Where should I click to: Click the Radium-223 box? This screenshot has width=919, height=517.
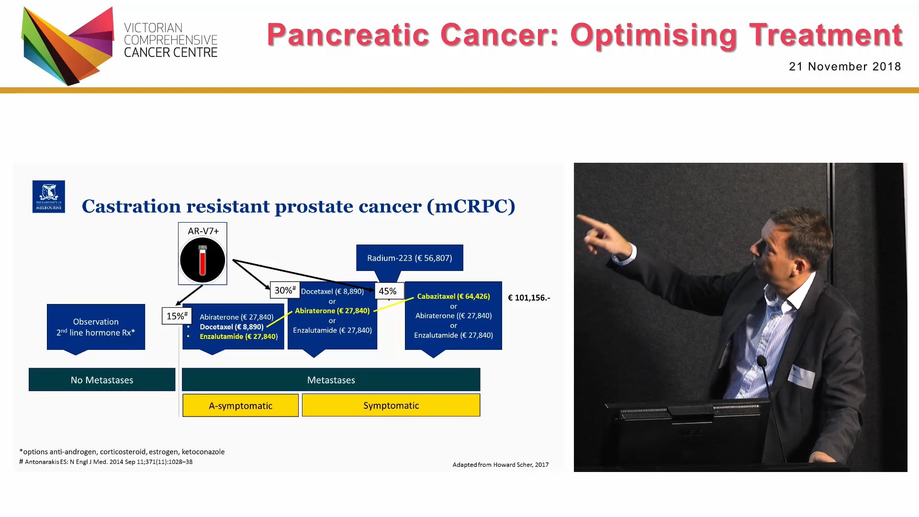[409, 258]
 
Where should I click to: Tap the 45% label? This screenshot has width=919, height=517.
[388, 291]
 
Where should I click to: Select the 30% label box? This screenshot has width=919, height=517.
[285, 290]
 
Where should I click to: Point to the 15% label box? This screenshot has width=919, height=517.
[177, 316]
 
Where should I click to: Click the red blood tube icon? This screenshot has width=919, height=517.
[202, 260]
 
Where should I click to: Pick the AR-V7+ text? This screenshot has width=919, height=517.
[203, 231]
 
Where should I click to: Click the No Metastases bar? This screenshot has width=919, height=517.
[102, 380]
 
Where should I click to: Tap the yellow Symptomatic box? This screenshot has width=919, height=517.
[391, 405]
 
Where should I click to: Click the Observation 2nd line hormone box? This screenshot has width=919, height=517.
[96, 327]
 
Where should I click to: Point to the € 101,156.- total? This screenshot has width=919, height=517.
[529, 298]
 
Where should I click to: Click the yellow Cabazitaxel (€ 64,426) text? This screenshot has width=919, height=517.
[453, 296]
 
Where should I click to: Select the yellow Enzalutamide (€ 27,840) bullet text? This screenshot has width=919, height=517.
[238, 337]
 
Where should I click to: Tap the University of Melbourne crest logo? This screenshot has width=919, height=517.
[49, 196]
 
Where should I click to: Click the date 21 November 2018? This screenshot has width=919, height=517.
[844, 67]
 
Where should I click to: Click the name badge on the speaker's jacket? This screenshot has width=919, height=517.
[801, 376]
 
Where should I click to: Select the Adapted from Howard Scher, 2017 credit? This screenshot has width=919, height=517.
[500, 465]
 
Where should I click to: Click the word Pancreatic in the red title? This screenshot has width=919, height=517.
[348, 35]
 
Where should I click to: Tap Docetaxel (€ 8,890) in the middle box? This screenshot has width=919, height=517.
[332, 292]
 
